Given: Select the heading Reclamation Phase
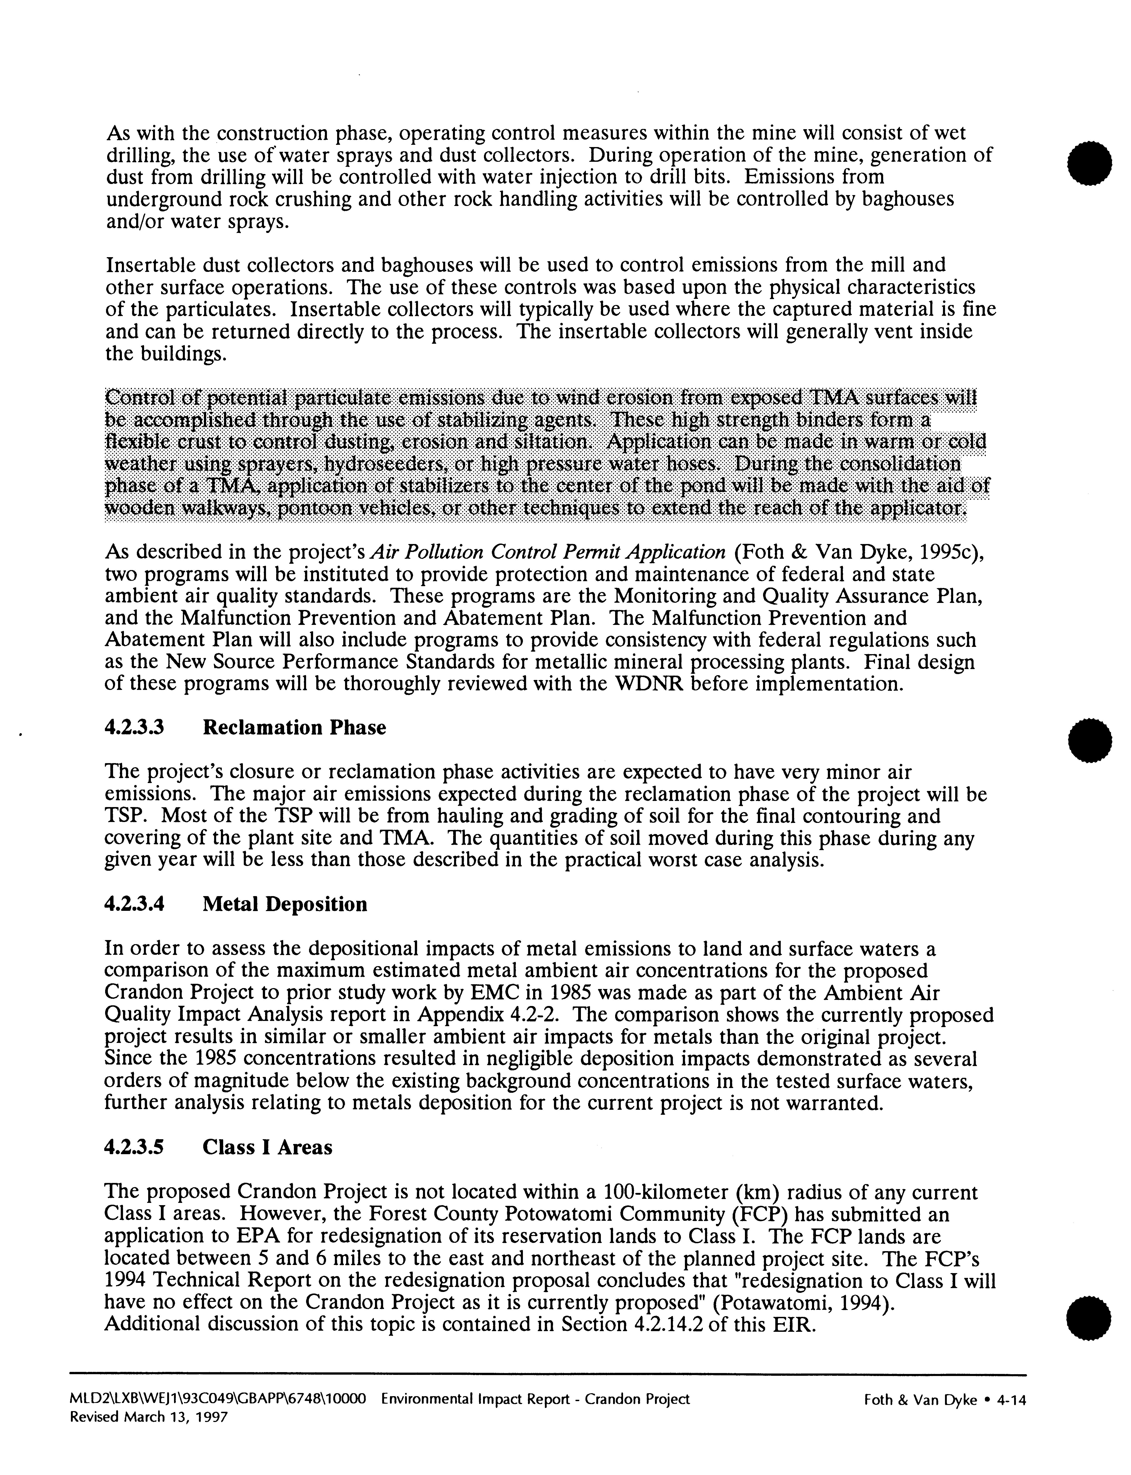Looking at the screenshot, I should click(294, 728).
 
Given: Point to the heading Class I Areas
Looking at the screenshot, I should click(267, 1147).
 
